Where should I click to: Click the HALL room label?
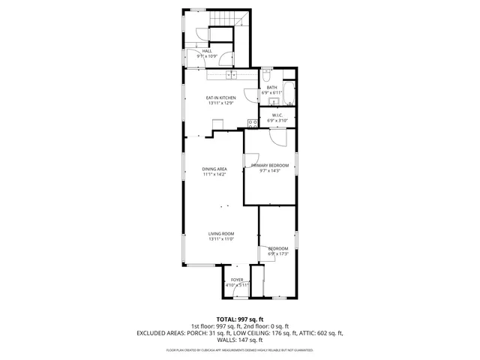[x=206, y=51]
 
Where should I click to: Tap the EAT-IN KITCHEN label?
[x=221, y=98]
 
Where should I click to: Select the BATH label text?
[x=271, y=88]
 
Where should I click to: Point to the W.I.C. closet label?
[x=277, y=115]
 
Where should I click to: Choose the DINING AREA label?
[x=214, y=169]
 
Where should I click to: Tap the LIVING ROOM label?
[x=221, y=234]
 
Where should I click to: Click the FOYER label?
[x=237, y=280]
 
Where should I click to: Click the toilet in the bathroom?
[x=266, y=76]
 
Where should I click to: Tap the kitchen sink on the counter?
[x=231, y=75]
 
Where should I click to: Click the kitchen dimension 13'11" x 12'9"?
[x=221, y=103]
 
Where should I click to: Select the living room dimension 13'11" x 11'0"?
[x=221, y=239]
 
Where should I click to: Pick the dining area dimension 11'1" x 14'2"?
[x=214, y=174]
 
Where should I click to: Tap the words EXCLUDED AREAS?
[x=160, y=332]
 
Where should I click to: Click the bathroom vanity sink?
[x=274, y=101]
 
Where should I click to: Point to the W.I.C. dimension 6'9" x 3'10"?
[x=277, y=120]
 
